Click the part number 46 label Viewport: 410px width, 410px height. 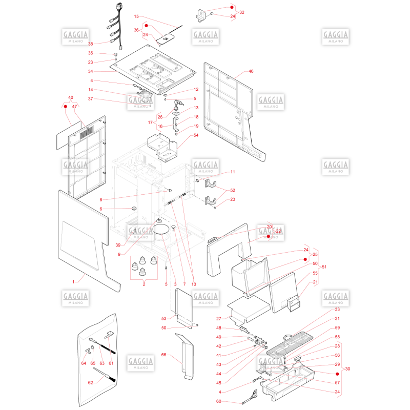click(x=251, y=71)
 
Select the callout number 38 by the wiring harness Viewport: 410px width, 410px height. click(x=91, y=44)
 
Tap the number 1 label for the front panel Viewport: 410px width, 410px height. click(x=73, y=281)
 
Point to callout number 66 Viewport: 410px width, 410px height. click(x=163, y=355)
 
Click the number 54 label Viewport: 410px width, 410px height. click(x=196, y=135)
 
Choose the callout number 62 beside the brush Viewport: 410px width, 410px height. click(x=91, y=382)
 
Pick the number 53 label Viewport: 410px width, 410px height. click(x=163, y=318)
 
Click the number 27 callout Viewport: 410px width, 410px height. click(x=219, y=318)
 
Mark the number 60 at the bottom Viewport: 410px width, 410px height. click(x=219, y=401)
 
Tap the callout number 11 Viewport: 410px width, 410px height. click(x=233, y=172)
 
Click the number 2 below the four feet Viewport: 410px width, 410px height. click(x=144, y=284)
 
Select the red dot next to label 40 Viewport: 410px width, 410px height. click(x=66, y=107)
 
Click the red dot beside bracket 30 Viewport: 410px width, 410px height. click(x=337, y=374)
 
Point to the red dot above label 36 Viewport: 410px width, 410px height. click(x=147, y=26)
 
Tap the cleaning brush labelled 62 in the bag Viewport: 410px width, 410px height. click(x=105, y=375)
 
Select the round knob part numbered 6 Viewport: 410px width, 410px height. click(x=134, y=209)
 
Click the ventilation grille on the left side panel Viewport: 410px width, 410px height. click(x=87, y=133)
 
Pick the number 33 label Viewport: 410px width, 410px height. click(x=337, y=310)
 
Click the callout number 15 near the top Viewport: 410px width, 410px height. click(x=136, y=16)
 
